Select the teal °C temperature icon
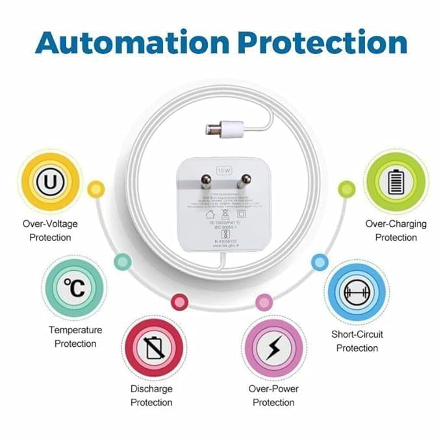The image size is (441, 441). [x=74, y=287]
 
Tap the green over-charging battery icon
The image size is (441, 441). [x=395, y=183]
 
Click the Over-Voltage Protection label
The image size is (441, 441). [x=50, y=231]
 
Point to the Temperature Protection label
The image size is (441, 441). [x=75, y=336]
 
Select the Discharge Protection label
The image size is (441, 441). [x=151, y=396]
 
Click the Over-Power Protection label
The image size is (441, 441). [x=273, y=396]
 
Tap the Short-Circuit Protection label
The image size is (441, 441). [x=357, y=341]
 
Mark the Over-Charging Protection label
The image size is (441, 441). [x=396, y=231]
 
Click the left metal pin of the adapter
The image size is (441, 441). [x=207, y=181]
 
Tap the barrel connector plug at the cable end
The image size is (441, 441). [x=224, y=128]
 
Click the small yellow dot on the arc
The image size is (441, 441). [x=96, y=189]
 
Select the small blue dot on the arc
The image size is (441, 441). [x=320, y=262]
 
